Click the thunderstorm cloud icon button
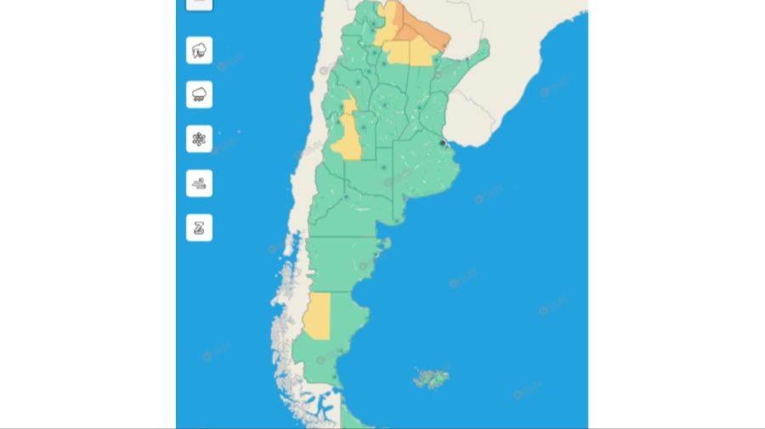click(199, 50)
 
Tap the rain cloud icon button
click(199, 94)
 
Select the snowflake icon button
click(199, 138)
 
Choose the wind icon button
click(199, 183)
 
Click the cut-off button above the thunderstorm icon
click(199, 3)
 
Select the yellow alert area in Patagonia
click(317, 317)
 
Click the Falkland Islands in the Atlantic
click(432, 376)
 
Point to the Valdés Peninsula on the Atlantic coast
click(382, 248)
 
